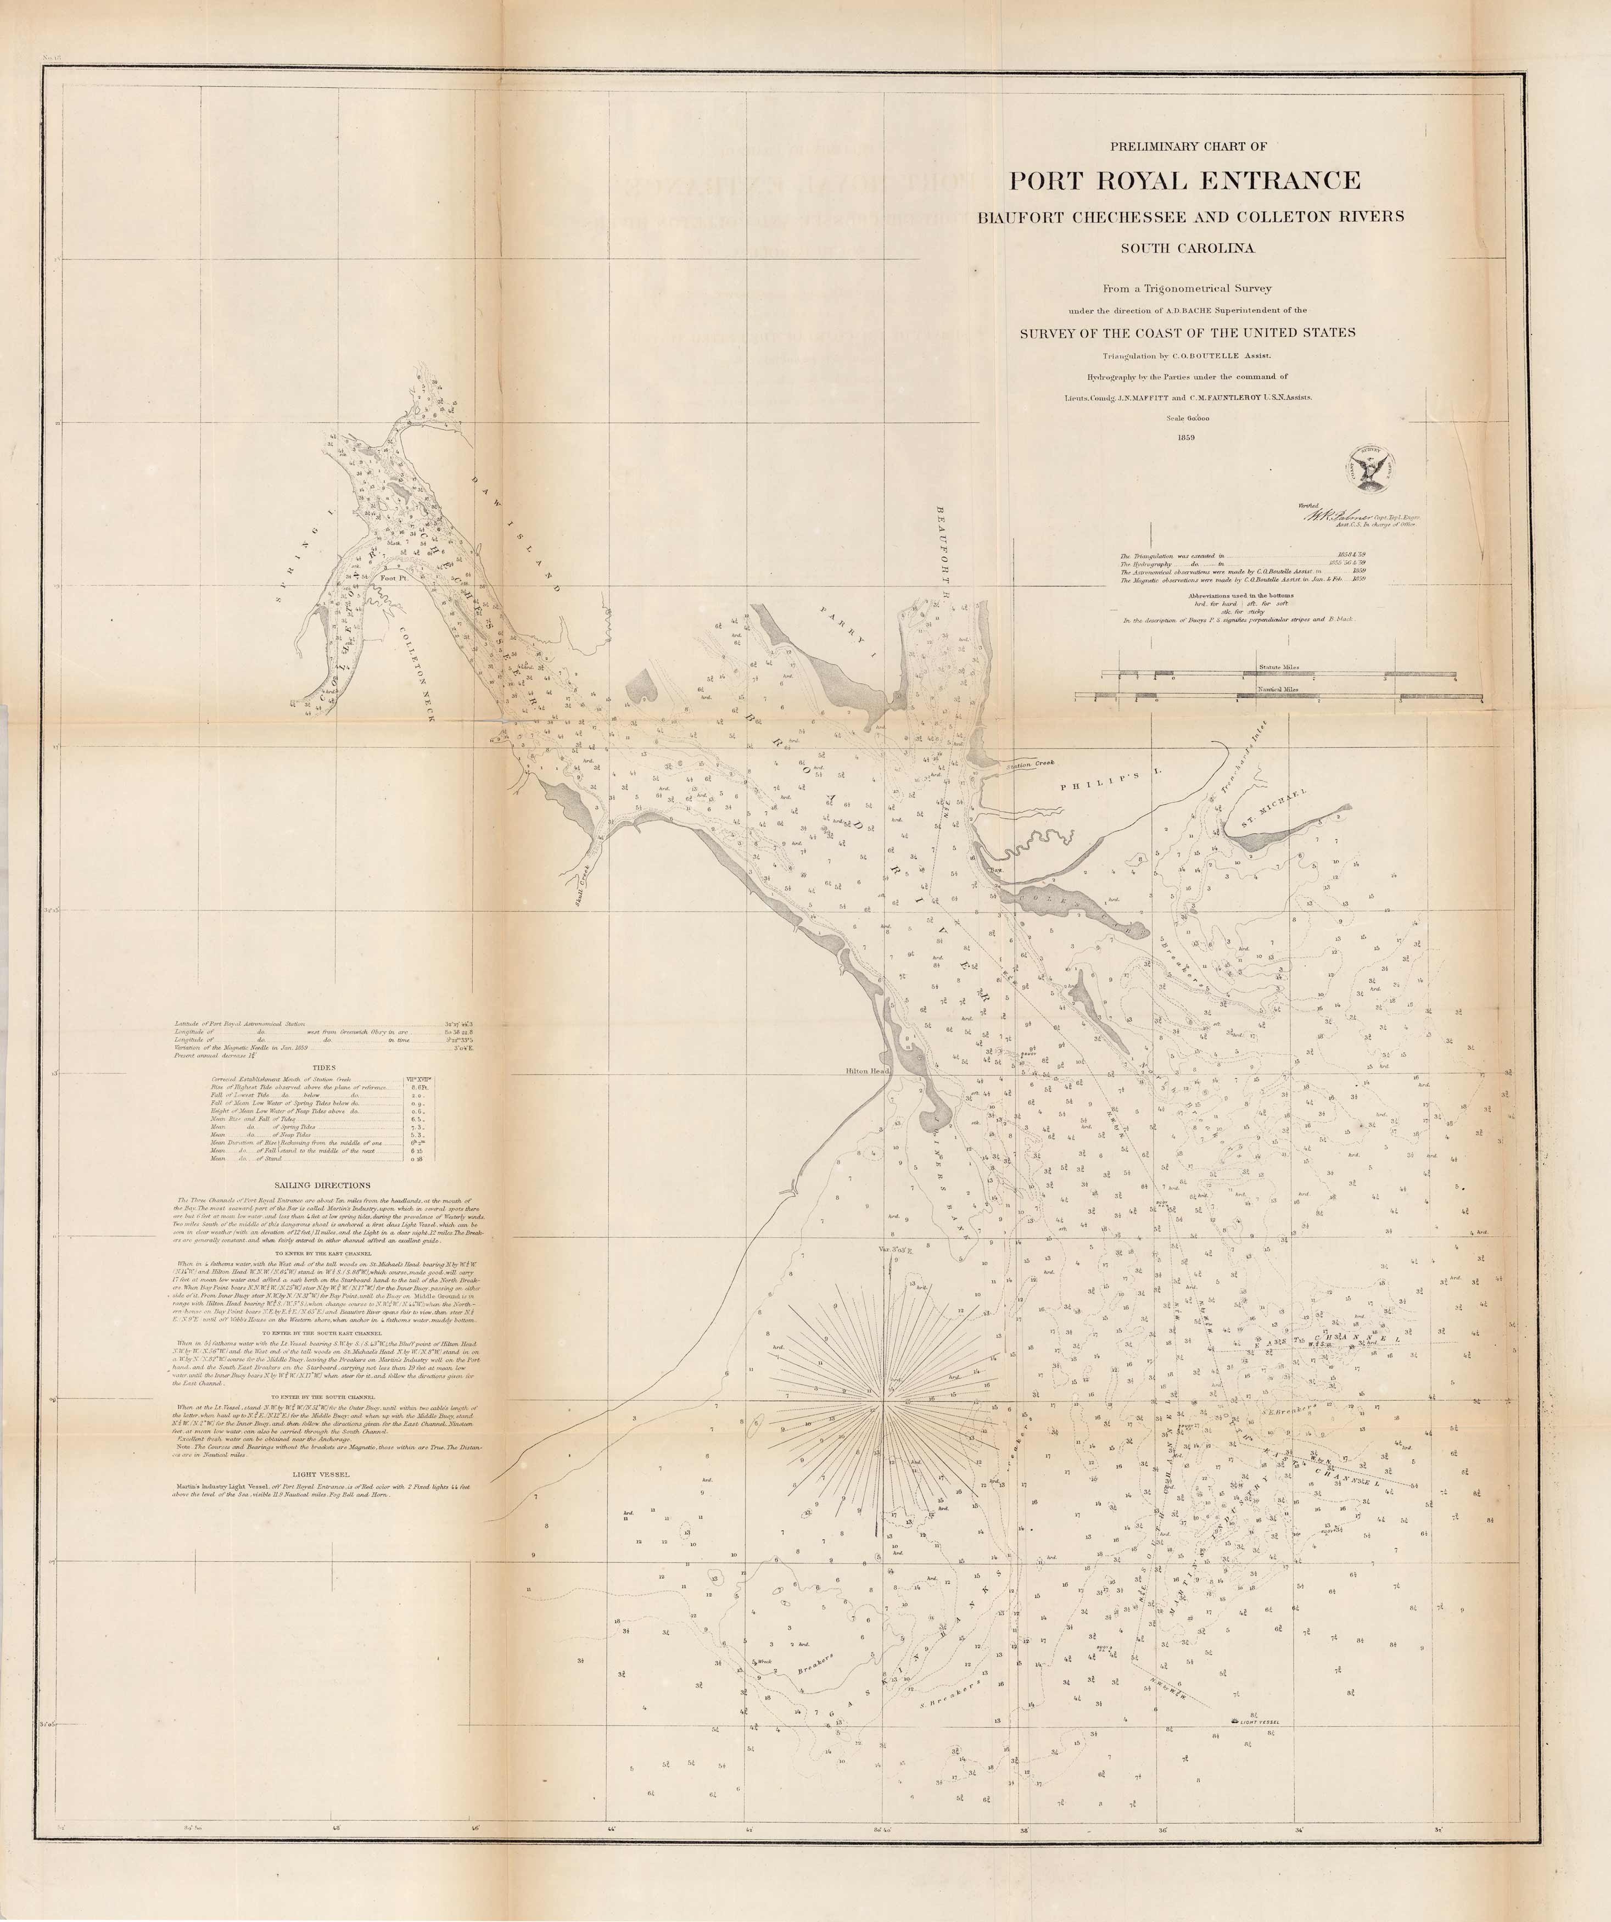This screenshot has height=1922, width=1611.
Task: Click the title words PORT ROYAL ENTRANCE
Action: (1184, 180)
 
